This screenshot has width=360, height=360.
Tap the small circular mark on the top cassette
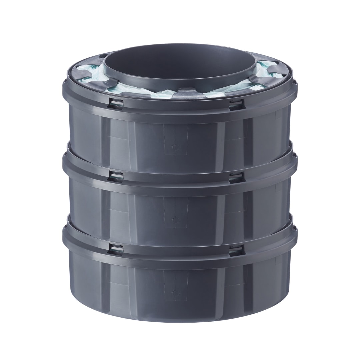(x=176, y=146)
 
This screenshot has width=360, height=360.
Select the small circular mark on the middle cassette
(x=176, y=220)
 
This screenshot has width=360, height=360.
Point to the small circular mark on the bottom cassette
(x=176, y=293)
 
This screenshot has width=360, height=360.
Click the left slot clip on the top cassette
(x=116, y=103)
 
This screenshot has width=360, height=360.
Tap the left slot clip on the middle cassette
(x=116, y=176)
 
